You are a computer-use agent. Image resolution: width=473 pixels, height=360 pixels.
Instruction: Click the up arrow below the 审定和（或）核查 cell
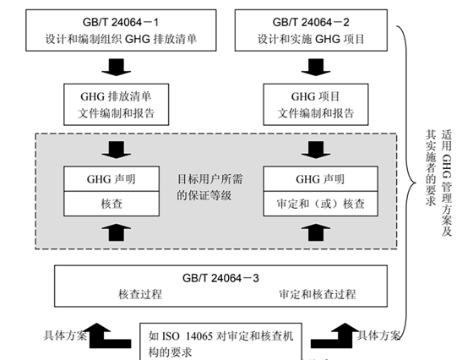coord(316,231)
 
